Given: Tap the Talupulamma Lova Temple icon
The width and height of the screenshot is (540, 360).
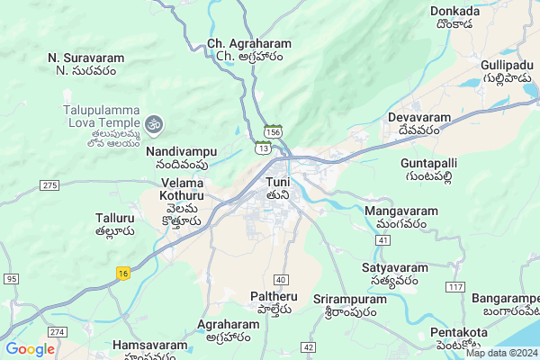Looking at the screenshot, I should tap(153, 121).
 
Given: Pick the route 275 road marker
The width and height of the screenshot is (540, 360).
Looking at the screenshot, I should tap(49, 184).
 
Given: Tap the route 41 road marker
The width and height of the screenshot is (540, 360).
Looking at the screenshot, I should tap(382, 241).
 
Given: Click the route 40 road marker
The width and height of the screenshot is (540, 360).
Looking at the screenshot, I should tap(282, 280).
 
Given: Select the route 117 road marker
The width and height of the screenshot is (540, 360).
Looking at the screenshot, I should tap(454, 287).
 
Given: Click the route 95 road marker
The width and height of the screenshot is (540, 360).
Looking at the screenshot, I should tap(11, 279).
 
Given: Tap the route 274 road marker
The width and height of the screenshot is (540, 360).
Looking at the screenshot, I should tap(58, 332).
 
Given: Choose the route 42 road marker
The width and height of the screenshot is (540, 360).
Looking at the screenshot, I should tap(309, 346).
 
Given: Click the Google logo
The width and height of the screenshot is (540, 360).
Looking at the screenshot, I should tap(30, 349).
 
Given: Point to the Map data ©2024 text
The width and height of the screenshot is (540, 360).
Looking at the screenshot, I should tap(500, 353).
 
